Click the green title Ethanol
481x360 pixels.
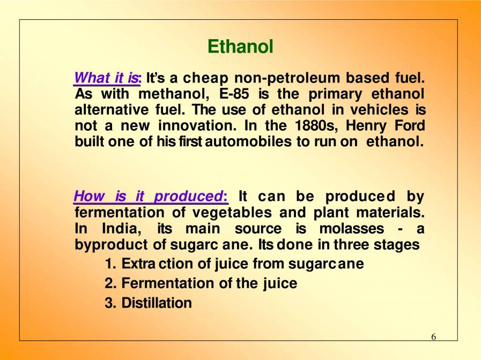click(x=240, y=47)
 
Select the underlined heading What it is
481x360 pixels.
click(x=107, y=78)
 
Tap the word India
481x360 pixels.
click(x=121, y=229)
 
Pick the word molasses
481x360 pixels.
click(x=351, y=229)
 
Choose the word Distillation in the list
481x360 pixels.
click(x=156, y=303)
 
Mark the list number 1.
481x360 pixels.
click(x=109, y=264)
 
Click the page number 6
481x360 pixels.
click(x=433, y=337)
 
